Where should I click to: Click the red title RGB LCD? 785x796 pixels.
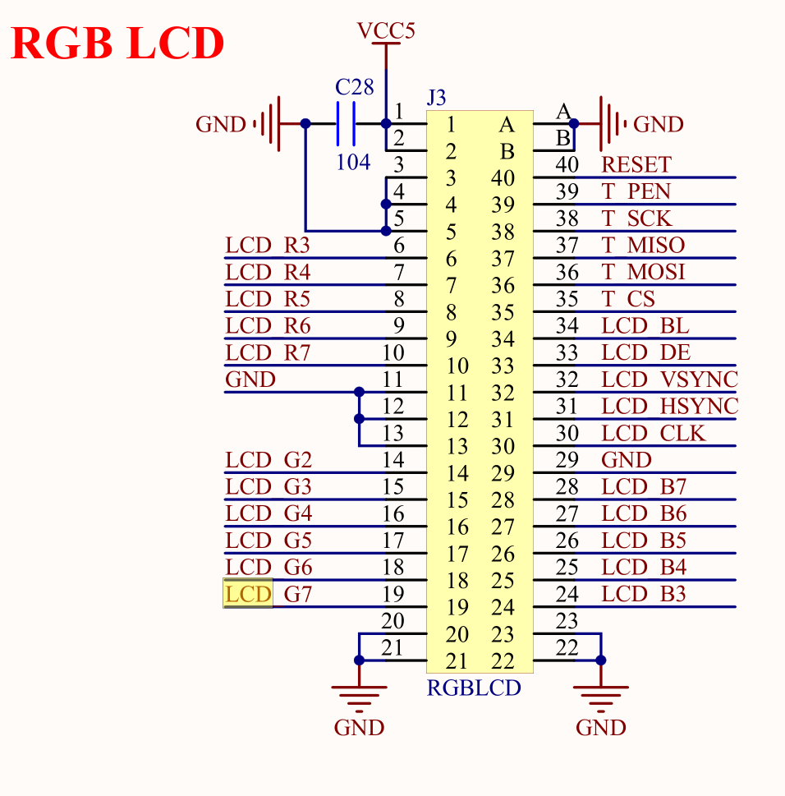pyautogui.click(x=117, y=44)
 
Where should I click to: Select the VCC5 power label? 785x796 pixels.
pyautogui.click(x=386, y=31)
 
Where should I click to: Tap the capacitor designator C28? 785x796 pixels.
pyautogui.click(x=354, y=88)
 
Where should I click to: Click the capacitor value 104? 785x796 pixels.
pyautogui.click(x=353, y=162)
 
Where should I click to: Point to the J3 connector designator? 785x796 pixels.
pyautogui.click(x=437, y=98)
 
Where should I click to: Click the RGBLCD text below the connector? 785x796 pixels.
pyautogui.click(x=474, y=688)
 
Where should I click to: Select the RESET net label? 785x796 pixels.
pyautogui.click(x=636, y=164)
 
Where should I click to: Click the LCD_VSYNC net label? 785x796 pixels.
pyautogui.click(x=669, y=380)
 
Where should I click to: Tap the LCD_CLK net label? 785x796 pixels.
pyautogui.click(x=653, y=433)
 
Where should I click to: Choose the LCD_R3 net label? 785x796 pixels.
pyautogui.click(x=268, y=245)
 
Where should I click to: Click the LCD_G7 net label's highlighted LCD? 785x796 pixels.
pyautogui.click(x=248, y=594)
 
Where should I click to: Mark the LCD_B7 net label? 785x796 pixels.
pyautogui.click(x=644, y=486)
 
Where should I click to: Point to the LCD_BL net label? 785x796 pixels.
pyautogui.click(x=645, y=325)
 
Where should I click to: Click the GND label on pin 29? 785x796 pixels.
pyautogui.click(x=626, y=459)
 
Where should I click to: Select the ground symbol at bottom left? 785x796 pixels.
pyautogui.click(x=359, y=697)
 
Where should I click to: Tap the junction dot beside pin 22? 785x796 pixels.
pyautogui.click(x=602, y=660)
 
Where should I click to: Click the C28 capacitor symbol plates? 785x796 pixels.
pyautogui.click(x=346, y=124)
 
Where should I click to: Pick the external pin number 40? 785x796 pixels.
pyautogui.click(x=567, y=164)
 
